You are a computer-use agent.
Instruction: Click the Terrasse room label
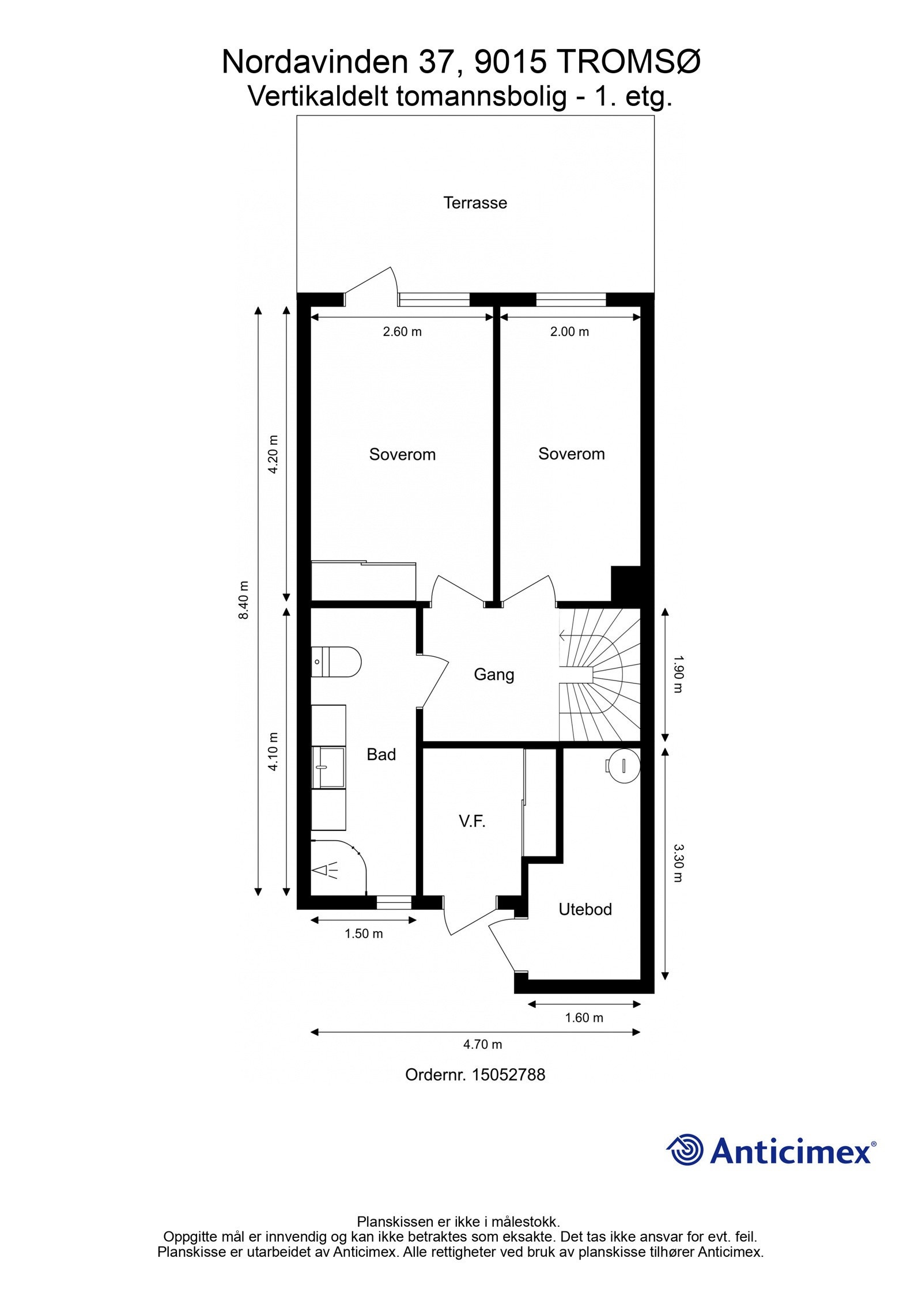(475, 203)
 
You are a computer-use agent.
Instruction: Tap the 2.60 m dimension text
(402, 332)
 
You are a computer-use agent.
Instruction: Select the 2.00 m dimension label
(569, 332)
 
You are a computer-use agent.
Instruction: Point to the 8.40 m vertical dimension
(244, 600)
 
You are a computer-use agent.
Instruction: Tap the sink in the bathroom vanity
(328, 768)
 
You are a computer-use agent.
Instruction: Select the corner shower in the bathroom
(337, 868)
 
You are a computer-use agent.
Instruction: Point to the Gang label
(494, 674)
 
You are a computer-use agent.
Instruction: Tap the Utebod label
(585, 909)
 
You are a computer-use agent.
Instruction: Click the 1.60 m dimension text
(584, 1018)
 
